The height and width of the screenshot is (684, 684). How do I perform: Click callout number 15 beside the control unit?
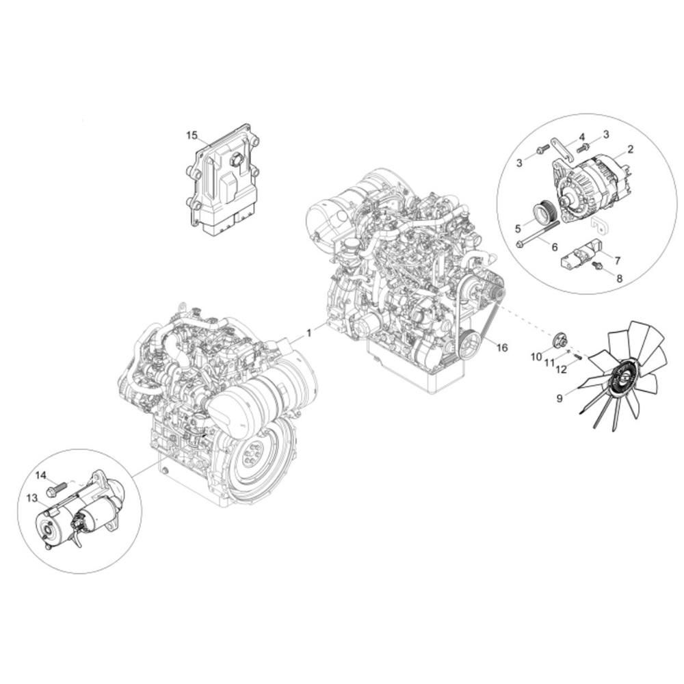point(192,135)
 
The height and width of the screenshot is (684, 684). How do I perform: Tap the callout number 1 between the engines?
point(309,333)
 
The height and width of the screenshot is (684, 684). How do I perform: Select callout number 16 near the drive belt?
point(502,347)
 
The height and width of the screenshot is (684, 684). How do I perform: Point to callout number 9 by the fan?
point(560,398)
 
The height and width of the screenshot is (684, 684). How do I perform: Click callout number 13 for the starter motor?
point(32,498)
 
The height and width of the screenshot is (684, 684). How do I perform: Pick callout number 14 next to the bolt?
point(40,475)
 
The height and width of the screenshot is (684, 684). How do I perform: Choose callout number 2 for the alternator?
point(631,150)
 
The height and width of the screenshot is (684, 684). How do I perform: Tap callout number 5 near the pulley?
point(518,228)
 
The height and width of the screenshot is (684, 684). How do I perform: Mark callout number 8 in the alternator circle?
point(620,278)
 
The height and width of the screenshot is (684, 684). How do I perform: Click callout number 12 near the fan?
point(562,369)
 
